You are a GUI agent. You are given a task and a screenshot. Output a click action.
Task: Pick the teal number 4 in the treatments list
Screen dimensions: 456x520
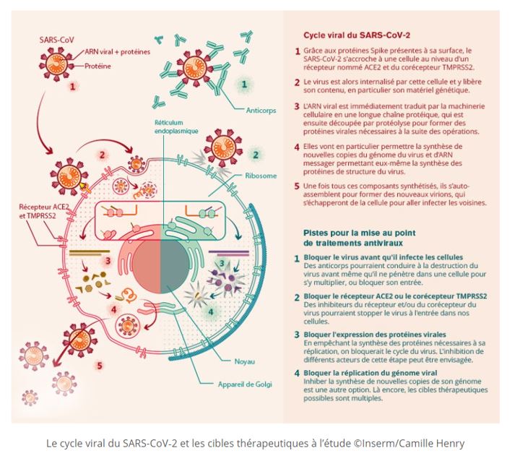click(296, 373)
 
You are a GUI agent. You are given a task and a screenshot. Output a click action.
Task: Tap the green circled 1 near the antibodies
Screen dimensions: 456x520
click(244, 85)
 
